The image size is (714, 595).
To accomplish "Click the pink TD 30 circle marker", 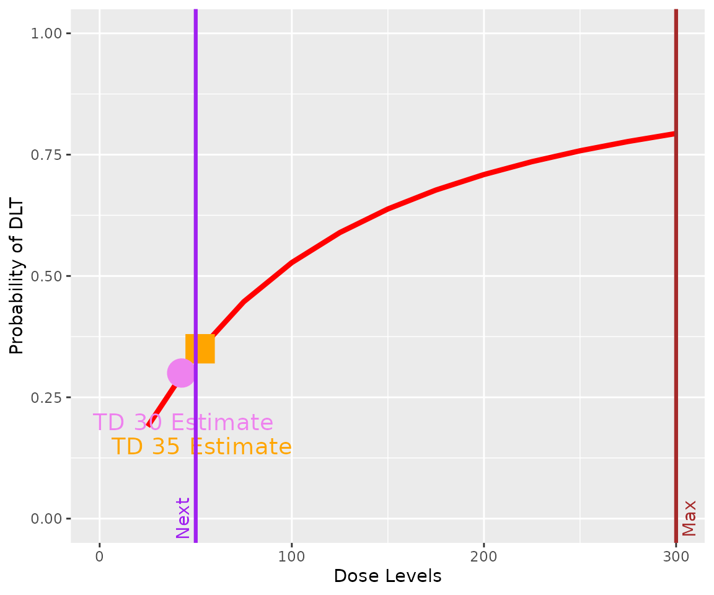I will pos(181,372).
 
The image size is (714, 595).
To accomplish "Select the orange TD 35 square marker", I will pos(200,348).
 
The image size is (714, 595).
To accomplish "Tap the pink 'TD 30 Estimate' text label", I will pos(183,423).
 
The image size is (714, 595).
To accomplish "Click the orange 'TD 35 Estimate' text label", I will pos(201,447).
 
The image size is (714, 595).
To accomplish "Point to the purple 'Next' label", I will pos(183,518).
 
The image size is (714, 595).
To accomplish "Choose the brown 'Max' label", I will pos(689,518).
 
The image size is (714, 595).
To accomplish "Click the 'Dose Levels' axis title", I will pos(387,576).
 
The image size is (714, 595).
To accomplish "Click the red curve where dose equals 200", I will pos(483,174).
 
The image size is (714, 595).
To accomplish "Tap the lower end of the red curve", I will pos(149,426).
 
